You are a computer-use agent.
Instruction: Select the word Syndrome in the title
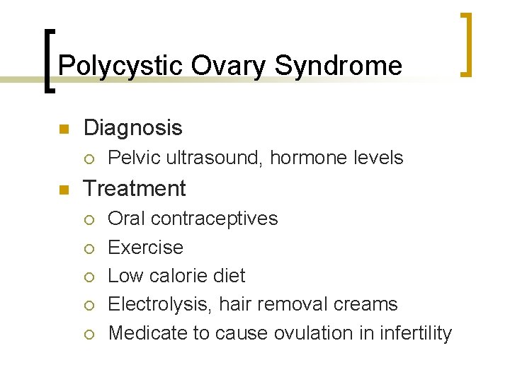click(338, 66)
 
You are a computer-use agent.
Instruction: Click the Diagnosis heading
click(132, 128)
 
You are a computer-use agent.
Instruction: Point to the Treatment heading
click(135, 189)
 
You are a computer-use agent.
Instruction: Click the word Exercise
click(145, 248)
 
